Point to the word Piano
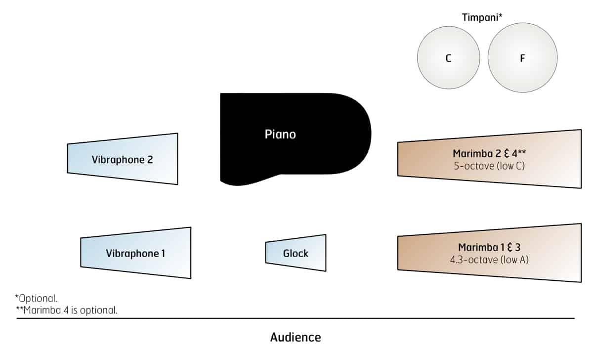coord(280,134)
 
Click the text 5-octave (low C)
coord(489,166)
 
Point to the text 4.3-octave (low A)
coord(493,259)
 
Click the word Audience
coord(296,338)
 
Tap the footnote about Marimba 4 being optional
coord(67,310)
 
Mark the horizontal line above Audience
coord(296,318)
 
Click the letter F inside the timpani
coord(522,58)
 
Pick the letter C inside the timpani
coord(448,58)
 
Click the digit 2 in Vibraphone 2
coord(150,160)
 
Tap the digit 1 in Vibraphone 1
coord(163,254)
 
